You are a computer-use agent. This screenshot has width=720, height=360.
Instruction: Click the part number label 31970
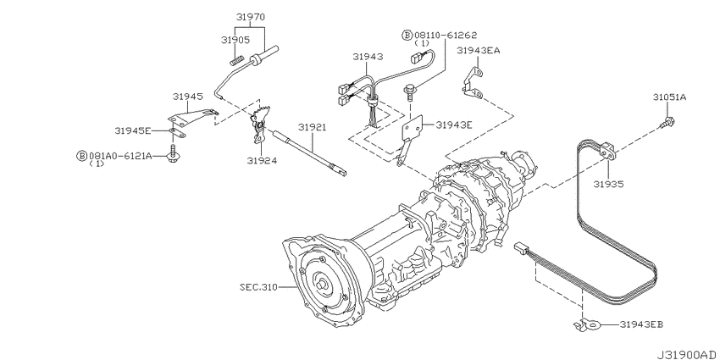(251, 18)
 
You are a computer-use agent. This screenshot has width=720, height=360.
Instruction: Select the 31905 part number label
(235, 40)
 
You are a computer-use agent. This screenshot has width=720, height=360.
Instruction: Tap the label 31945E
(133, 130)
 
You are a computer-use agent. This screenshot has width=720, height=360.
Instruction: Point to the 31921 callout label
(312, 127)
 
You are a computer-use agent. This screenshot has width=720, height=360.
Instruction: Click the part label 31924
(261, 160)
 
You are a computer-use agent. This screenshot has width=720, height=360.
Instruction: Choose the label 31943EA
(478, 51)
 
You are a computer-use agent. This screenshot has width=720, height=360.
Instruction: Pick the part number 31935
(608, 184)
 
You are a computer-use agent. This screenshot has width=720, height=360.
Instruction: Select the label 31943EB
(641, 324)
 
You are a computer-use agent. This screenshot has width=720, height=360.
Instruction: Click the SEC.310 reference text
(258, 287)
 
